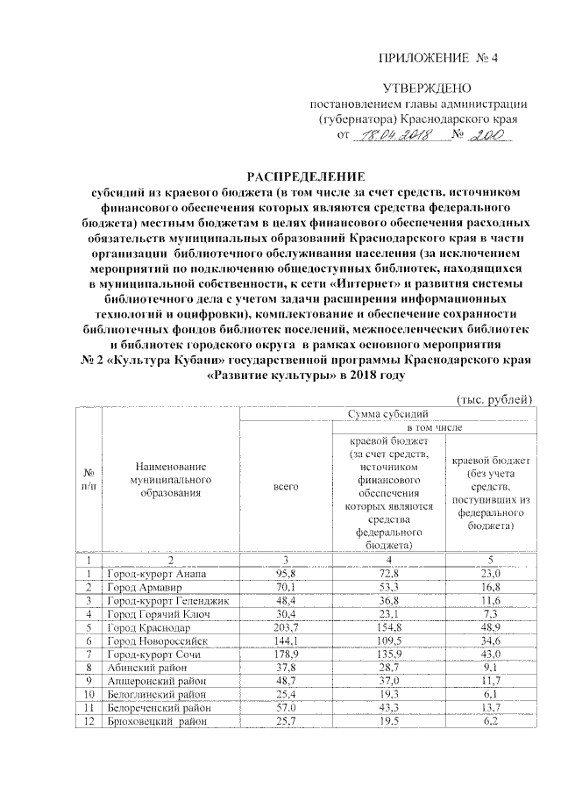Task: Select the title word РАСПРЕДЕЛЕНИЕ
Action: coord(306,175)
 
